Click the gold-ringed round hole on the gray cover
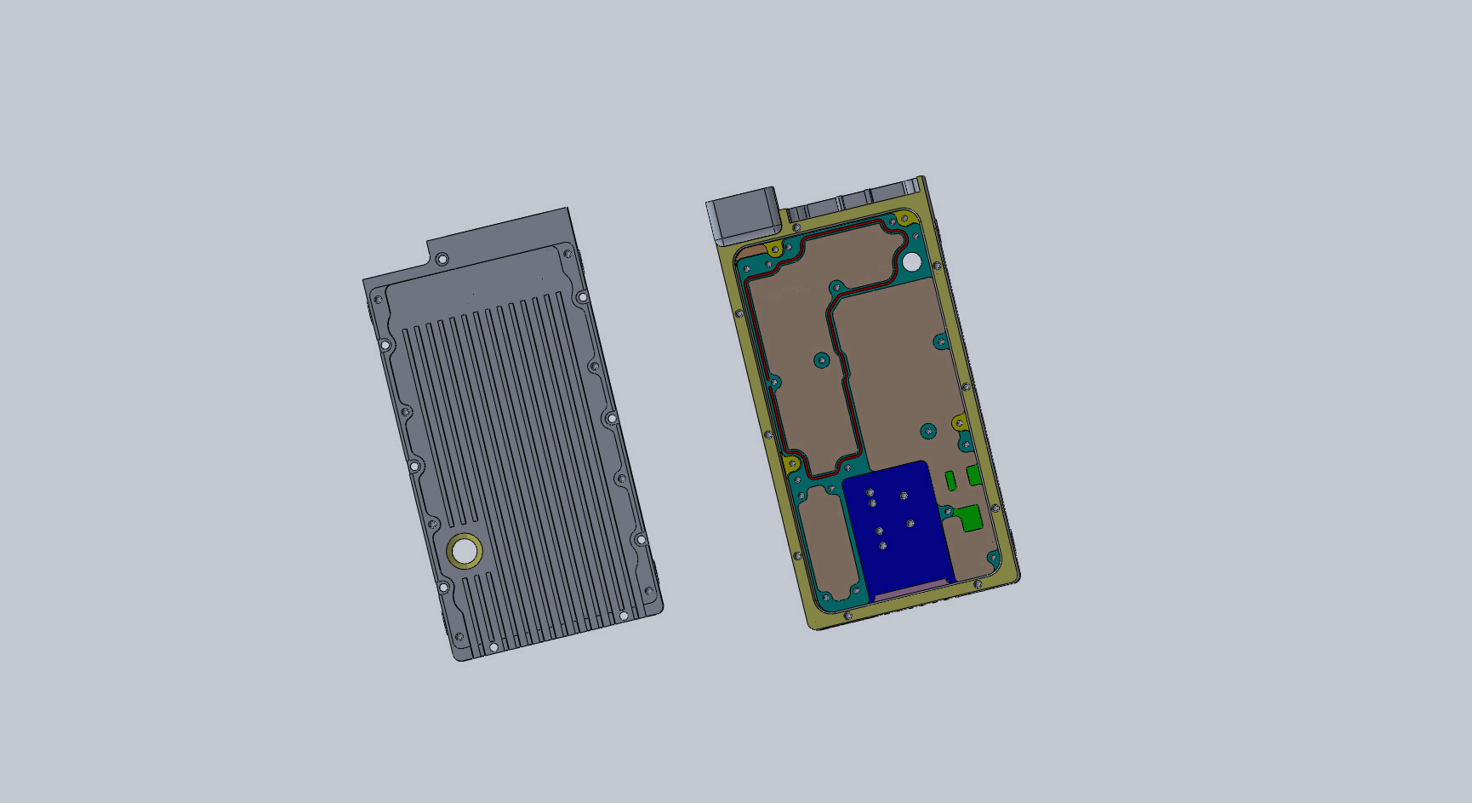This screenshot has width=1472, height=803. point(465,552)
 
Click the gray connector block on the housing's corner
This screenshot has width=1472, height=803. point(743,215)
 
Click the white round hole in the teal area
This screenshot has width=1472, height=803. point(911,261)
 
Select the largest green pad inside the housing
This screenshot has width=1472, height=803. point(969,517)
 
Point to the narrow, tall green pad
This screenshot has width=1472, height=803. point(950,481)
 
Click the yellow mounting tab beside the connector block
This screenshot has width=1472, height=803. point(774,250)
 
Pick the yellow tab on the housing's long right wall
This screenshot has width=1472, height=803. point(959,422)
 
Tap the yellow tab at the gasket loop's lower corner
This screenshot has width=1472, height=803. point(792,464)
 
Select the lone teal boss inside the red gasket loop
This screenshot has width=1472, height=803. point(821,360)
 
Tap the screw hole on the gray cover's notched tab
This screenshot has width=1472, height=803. point(442,259)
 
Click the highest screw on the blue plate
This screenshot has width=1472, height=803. point(870,493)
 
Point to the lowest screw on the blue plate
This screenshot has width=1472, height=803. point(883,546)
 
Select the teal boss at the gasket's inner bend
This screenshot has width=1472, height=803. point(836,287)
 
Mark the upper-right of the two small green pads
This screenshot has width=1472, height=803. point(973,475)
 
